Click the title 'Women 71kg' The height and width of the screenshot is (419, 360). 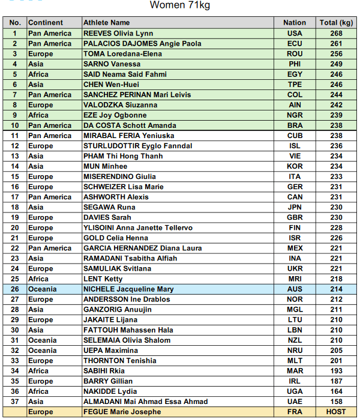click(179, 6)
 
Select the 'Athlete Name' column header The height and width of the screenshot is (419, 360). click(106, 23)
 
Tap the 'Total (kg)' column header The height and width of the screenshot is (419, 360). click(336, 23)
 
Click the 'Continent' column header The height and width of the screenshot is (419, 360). click(46, 23)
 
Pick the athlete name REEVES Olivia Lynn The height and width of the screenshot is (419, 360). click(118, 34)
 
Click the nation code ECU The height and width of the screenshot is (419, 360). click(295, 44)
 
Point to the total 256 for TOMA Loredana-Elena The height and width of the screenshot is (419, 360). click(336, 54)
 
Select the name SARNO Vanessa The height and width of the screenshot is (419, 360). click(112, 64)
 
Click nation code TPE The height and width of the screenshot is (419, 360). click(295, 85)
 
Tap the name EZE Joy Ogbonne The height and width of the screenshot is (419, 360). click(115, 115)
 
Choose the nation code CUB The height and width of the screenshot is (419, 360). click(295, 136)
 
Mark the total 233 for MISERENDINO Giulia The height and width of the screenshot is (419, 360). click(336, 176)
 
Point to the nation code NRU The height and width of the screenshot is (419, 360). click(295, 351)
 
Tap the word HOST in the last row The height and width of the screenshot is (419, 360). click(336, 412)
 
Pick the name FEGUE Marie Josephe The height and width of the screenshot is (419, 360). click(122, 412)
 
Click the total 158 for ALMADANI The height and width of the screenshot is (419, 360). click(336, 402)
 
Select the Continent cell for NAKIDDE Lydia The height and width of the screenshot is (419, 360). click(40, 391)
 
